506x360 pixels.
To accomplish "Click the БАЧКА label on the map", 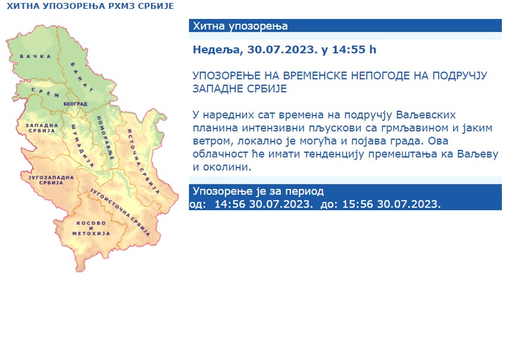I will [34, 57].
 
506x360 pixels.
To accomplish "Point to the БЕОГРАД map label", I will [76, 104].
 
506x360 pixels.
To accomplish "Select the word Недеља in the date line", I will [215, 50].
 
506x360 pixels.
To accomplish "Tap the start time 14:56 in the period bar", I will [230, 204].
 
